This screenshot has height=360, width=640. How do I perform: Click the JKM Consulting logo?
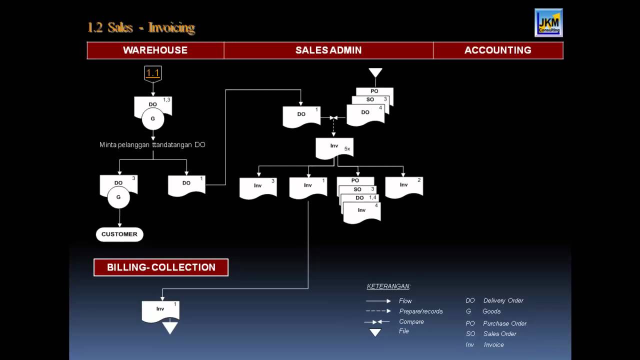pos(548,22)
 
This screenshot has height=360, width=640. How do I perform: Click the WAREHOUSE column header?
pos(155,50)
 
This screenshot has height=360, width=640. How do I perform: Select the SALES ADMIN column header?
pos(328,50)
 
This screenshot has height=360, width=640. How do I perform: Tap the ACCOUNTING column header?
pos(497,50)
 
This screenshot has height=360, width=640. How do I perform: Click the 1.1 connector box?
pos(152,73)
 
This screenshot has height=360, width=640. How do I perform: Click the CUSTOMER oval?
pos(119,234)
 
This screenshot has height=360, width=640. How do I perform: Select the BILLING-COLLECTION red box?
pos(161,267)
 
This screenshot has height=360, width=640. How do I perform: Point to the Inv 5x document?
pos(334,148)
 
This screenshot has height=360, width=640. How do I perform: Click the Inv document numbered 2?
pos(404,186)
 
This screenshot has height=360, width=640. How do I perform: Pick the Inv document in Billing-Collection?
pos(160,310)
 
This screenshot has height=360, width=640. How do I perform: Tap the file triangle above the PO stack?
pos(375,73)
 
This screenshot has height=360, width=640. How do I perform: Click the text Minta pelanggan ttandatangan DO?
pos(152,145)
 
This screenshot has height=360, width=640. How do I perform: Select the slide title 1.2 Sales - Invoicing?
pos(141,27)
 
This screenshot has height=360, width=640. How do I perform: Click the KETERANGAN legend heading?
pos(388,286)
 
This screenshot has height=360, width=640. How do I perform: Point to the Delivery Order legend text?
pos(503,300)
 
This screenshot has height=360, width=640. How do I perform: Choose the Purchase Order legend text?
pos(504,323)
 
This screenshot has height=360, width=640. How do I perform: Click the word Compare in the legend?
pos(411,321)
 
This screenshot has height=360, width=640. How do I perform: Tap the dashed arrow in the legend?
pos(378,311)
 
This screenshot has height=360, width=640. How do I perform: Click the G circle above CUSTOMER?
pos(118,197)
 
